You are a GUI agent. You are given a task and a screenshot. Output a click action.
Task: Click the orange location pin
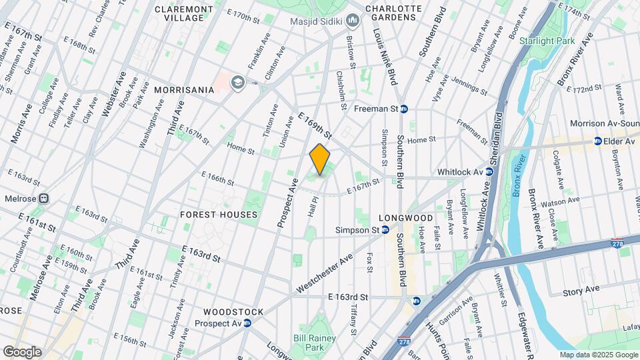[x=320, y=159]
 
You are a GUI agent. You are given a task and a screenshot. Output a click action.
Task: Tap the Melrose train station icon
[x=45, y=198]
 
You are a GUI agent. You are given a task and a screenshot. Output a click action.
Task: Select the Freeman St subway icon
[x=404, y=109]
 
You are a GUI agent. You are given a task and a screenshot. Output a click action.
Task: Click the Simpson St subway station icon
[x=385, y=230]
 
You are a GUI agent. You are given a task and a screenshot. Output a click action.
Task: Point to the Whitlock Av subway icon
[x=489, y=172]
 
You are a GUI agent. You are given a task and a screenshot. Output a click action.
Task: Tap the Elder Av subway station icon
[x=598, y=141]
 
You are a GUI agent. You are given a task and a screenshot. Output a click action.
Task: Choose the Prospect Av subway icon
[x=247, y=323]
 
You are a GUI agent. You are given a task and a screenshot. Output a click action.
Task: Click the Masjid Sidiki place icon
[x=353, y=21]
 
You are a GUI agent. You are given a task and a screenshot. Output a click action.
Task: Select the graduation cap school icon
[x=236, y=83]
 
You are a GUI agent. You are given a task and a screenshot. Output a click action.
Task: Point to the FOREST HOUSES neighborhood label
[x=219, y=215]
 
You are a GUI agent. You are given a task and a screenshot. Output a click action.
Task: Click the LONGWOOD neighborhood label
[x=406, y=218]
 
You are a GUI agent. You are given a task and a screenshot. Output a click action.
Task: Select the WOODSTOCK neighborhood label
[x=233, y=312]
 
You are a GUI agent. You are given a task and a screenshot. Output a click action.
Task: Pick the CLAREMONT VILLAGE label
[x=184, y=14]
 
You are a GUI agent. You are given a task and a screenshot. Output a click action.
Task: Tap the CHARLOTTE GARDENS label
[x=395, y=13]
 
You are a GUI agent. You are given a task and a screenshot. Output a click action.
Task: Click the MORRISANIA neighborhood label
[x=184, y=89]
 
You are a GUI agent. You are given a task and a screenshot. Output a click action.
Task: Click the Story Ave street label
[x=581, y=290]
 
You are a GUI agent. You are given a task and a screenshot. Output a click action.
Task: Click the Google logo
[x=22, y=352]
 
